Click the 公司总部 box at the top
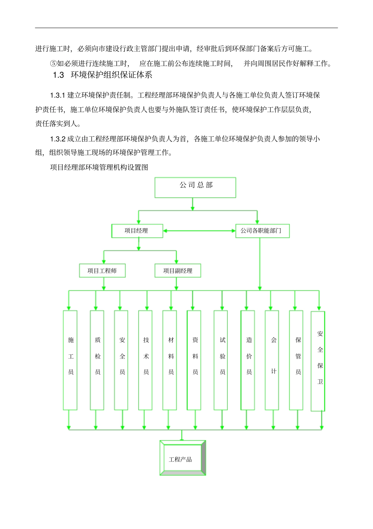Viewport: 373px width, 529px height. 195,187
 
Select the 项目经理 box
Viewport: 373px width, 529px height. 137,231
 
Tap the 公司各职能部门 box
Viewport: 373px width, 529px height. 262,231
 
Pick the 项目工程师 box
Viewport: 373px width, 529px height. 102,270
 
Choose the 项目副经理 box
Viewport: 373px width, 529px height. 177,270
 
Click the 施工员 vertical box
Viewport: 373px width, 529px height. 70,360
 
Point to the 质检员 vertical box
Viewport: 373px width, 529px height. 97,360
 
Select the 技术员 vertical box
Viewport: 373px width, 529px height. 145,360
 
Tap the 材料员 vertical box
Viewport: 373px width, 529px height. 170,360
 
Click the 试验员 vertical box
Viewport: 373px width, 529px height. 221,360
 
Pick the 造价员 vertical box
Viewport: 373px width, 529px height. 248,360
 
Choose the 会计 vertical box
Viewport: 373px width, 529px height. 272,360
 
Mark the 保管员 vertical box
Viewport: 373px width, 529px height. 296,360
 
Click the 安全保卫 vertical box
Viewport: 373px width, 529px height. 318,361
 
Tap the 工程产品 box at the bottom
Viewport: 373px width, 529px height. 183,458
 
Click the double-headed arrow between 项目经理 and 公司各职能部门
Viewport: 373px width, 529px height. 199,231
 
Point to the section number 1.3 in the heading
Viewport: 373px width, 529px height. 59,75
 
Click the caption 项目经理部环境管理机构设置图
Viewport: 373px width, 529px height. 99,167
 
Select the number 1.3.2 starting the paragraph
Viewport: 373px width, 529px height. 58,139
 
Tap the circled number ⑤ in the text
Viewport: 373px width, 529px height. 53,64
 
